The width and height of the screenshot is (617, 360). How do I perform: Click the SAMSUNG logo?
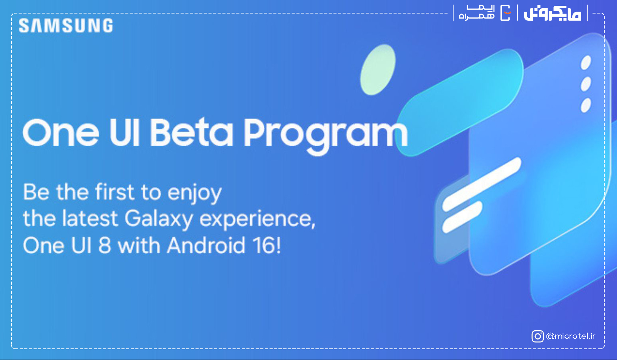point(66,25)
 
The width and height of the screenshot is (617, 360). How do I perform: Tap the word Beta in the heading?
point(191,133)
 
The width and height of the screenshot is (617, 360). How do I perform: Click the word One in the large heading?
point(61,133)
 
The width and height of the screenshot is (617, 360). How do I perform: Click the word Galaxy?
point(158,220)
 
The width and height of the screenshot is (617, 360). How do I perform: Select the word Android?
point(206,245)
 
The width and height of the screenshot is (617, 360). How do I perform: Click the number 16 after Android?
point(265,245)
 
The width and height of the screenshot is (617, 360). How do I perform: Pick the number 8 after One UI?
point(105,245)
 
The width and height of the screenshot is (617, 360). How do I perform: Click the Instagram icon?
point(538,336)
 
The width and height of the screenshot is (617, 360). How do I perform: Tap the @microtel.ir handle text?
point(571,336)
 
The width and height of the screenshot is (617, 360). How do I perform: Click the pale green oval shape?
point(378,70)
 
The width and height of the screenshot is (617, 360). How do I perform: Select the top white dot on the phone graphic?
point(586,63)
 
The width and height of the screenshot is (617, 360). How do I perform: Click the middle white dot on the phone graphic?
point(586,84)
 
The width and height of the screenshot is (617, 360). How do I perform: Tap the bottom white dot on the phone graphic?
point(586,105)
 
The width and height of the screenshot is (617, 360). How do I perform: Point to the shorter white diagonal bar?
point(462,217)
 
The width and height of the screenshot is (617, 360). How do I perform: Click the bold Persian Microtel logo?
point(553,13)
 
